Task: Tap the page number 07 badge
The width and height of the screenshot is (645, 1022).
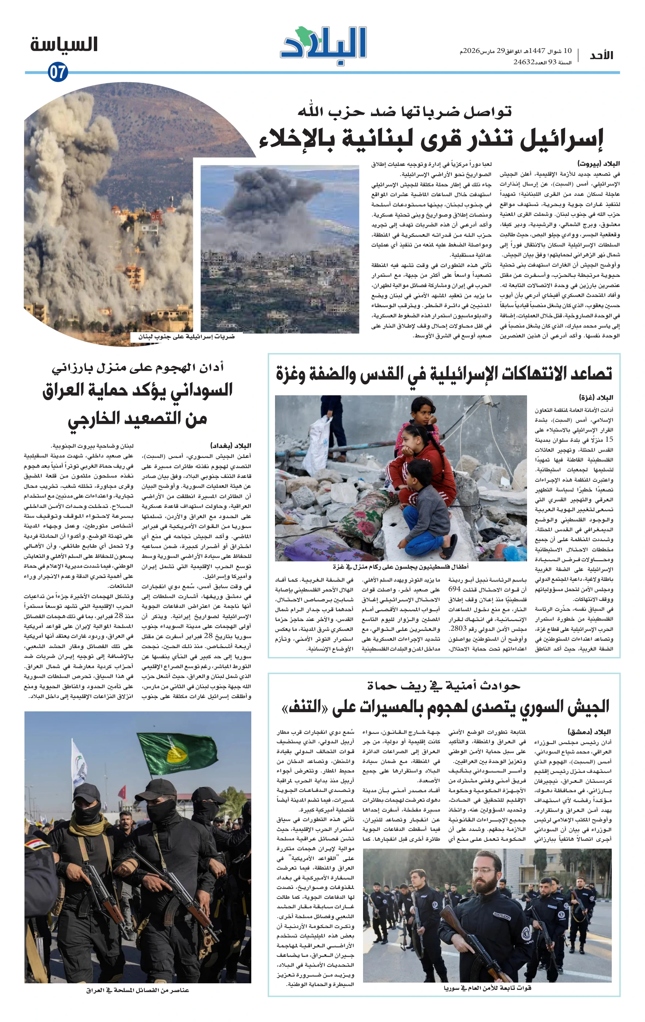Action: tap(57, 72)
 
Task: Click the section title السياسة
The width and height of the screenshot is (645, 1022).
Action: tap(64, 45)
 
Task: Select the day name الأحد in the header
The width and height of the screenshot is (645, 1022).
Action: tap(601, 55)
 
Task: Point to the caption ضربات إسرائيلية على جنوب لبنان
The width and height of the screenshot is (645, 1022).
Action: tap(186, 337)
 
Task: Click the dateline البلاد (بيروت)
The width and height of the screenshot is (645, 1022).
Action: tap(598, 164)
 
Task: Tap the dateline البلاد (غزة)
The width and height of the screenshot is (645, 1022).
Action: tap(596, 398)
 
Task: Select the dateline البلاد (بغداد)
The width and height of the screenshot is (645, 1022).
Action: tap(230, 446)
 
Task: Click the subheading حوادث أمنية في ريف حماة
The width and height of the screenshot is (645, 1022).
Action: tap(444, 685)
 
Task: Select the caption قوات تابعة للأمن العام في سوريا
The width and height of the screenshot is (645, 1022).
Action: tap(487, 988)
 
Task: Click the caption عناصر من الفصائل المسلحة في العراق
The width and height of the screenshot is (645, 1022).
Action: tap(137, 990)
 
